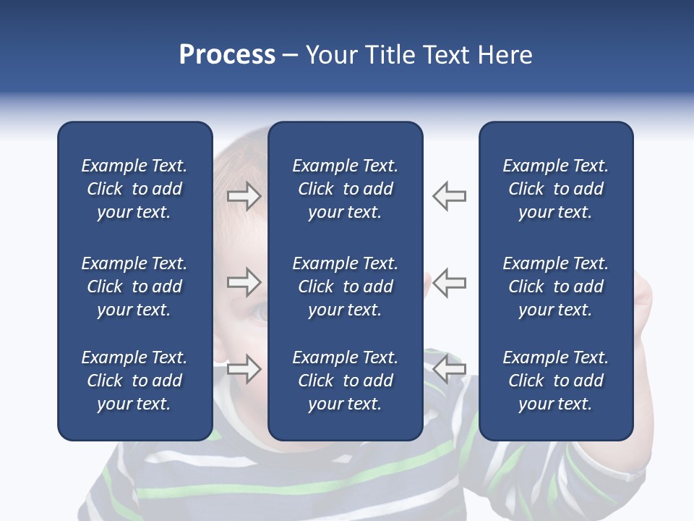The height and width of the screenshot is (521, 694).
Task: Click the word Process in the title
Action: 227,55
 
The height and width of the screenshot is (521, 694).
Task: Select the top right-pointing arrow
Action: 244,196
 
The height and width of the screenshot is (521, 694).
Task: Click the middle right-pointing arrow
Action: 244,281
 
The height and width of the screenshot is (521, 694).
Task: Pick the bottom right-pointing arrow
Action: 244,368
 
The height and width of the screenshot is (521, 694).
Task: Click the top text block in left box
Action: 134,189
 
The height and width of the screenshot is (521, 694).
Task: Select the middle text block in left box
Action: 134,287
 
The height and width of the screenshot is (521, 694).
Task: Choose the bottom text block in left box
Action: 134,381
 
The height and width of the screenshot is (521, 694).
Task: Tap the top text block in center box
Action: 345,189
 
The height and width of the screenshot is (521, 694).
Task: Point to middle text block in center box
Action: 345,287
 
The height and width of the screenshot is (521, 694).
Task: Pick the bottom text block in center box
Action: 345,381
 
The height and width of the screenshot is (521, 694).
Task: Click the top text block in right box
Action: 555,189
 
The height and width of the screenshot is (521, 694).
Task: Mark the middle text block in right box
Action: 555,287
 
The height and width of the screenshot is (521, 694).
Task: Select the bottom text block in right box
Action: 555,381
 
